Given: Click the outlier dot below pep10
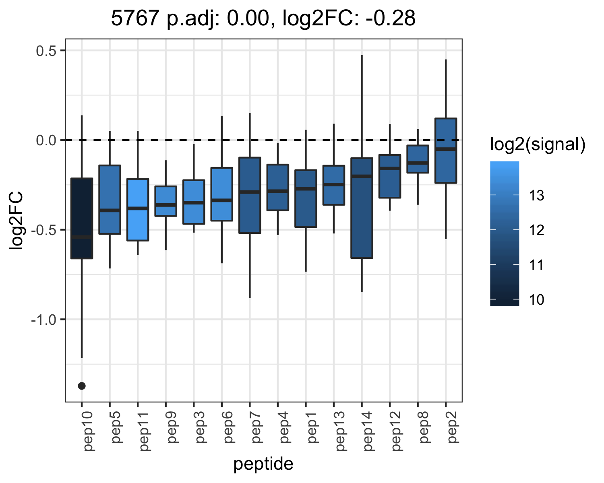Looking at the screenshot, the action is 82,386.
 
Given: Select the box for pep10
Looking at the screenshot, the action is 82,218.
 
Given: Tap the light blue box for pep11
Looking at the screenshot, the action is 138,209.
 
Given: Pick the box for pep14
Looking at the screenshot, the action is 362,208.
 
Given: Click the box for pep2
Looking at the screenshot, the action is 446,151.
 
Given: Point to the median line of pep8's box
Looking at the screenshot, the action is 418,163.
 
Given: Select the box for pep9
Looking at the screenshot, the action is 166,201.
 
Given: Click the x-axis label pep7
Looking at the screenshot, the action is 256,427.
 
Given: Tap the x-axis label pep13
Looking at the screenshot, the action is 340,431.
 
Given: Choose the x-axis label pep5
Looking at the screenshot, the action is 116,427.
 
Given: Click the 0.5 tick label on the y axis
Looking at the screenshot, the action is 46,51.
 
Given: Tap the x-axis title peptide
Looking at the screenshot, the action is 263,464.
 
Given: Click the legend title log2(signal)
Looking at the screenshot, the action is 538,144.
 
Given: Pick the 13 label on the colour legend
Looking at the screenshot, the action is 537,195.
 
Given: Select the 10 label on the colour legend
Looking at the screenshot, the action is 537,299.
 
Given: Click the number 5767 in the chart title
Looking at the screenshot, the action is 135,18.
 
